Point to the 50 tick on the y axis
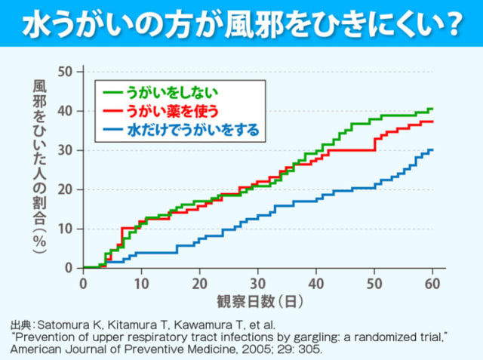pos(65,72)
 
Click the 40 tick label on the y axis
pos(65,111)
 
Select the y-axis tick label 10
pos(65,229)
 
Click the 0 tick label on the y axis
pos(69,268)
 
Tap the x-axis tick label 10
pos(141,284)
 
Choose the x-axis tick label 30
pos(258,284)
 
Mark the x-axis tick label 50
pos(374,284)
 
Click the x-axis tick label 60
pos(432,284)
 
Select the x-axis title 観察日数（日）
pos(260,301)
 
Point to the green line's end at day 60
pos(432,109)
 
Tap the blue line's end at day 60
pos(432,149)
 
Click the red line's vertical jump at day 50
pos(374,144)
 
